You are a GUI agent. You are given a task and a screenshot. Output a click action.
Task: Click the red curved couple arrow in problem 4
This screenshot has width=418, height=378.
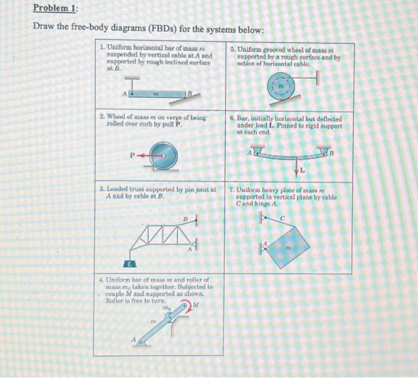coord(187,307)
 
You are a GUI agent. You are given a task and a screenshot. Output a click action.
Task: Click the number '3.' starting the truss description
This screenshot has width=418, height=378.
coord(102,189)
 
